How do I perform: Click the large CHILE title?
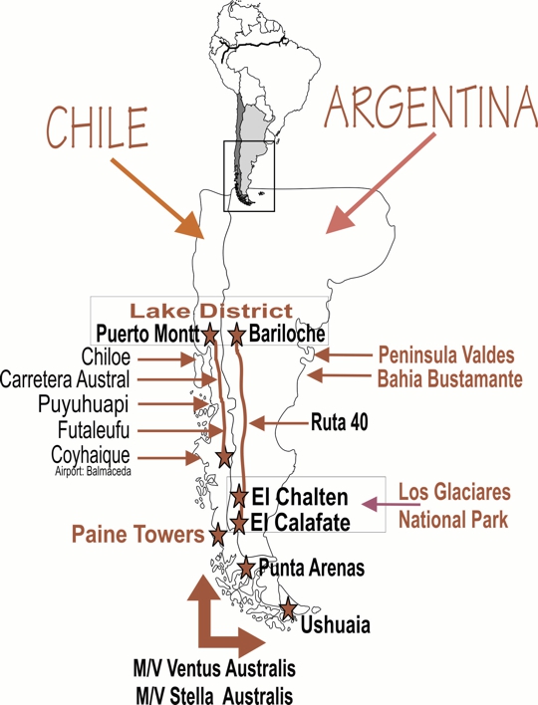(x=98, y=128)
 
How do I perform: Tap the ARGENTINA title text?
(x=431, y=106)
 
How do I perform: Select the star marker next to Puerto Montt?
(x=210, y=335)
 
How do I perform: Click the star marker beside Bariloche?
(x=236, y=335)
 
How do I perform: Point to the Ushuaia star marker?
(x=288, y=609)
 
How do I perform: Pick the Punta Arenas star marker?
(x=246, y=568)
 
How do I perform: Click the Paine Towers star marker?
(x=218, y=535)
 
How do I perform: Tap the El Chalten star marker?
(x=239, y=497)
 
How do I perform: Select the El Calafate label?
(x=300, y=523)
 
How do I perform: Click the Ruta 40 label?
(x=339, y=422)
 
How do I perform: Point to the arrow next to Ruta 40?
(x=279, y=423)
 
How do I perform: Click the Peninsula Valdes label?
(x=445, y=354)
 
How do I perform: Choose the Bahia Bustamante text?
(x=450, y=379)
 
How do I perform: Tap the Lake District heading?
(x=211, y=311)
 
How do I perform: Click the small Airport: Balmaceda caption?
(x=93, y=472)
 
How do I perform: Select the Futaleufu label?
(x=94, y=430)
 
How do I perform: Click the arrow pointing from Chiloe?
(x=166, y=359)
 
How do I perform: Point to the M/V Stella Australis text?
(x=214, y=695)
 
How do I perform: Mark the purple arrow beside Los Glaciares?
(x=391, y=505)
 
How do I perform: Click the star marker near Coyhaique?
(x=224, y=458)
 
